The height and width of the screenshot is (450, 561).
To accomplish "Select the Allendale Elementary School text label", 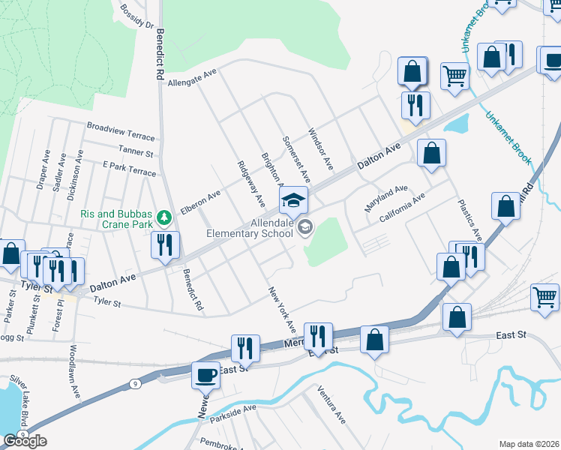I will coord(250,229).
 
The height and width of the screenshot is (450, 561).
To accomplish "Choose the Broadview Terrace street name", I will coord(121,131).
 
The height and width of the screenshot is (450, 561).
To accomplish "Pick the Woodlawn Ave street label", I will coord(73,367).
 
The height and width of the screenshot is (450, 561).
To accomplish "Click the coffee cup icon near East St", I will coord(205,374).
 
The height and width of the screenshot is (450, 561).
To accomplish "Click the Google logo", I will coord(24,441).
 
